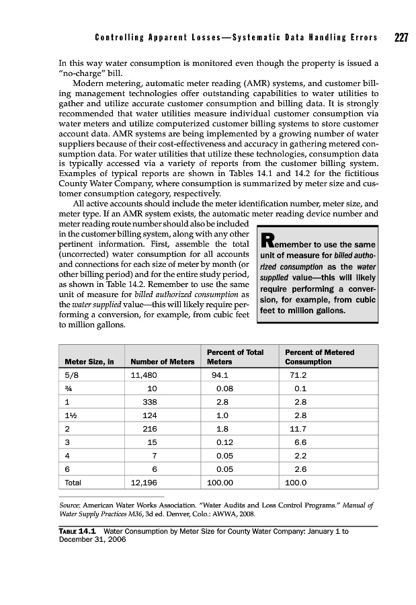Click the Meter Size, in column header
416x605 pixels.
(89, 362)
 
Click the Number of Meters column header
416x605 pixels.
(162, 362)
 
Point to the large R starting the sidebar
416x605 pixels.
(267, 240)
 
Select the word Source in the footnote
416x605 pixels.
(69, 503)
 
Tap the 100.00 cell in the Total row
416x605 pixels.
(220, 482)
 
